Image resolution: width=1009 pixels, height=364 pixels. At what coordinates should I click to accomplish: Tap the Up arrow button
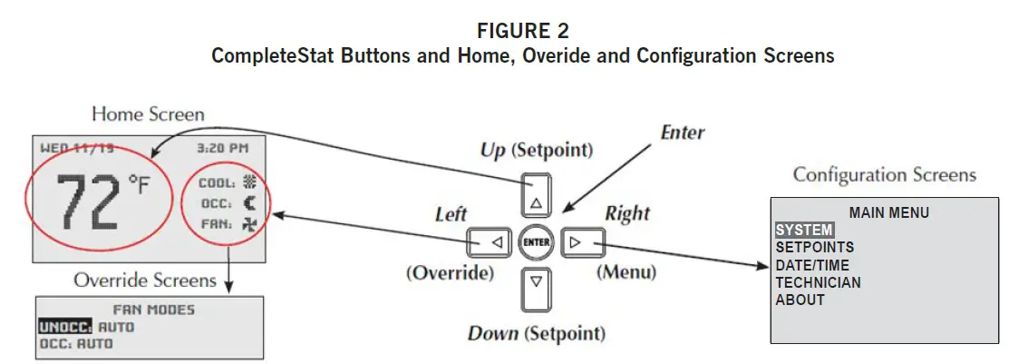click(x=537, y=193)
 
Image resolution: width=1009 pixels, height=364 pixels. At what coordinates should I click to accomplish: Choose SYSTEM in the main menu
click(x=803, y=231)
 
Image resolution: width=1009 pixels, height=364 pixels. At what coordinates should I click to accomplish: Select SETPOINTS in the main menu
click(x=814, y=247)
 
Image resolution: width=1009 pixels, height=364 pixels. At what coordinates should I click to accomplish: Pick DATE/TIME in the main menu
click(x=813, y=265)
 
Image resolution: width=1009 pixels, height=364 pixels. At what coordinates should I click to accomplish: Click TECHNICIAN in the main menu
click(x=818, y=282)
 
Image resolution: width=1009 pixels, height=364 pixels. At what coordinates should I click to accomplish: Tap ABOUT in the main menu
click(x=800, y=300)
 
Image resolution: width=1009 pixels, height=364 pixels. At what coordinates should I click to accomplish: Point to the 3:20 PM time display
click(x=223, y=147)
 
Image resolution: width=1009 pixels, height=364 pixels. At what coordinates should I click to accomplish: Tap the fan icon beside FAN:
click(x=249, y=222)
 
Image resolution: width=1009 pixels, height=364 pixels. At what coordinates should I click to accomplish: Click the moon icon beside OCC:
click(x=249, y=202)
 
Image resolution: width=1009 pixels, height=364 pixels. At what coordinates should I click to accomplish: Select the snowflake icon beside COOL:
click(x=249, y=182)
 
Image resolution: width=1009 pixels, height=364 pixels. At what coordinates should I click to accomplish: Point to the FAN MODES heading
click(x=153, y=310)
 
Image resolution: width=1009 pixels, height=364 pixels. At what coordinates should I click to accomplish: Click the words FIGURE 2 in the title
click(x=522, y=34)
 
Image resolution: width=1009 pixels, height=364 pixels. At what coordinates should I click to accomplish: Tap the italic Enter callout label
click(x=682, y=133)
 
